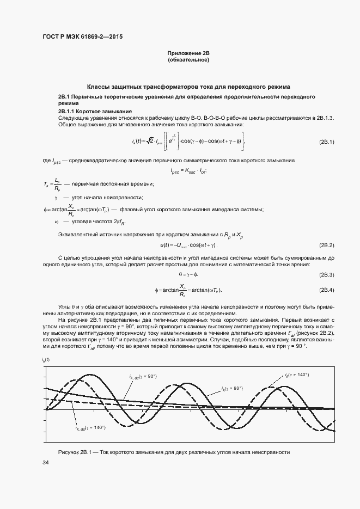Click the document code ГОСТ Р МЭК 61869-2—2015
coord(82,36)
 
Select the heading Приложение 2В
coord(188,53)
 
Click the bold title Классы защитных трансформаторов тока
coord(189,87)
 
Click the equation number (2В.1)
coord(326,142)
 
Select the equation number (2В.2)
coord(326,246)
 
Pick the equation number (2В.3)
coord(326,274)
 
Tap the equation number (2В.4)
coord(326,290)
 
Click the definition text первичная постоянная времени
coord(105,184)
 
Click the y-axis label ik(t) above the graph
coord(45,360)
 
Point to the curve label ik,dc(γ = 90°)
coord(143,376)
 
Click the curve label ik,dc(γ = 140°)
coord(90,427)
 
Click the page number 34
coord(46,463)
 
